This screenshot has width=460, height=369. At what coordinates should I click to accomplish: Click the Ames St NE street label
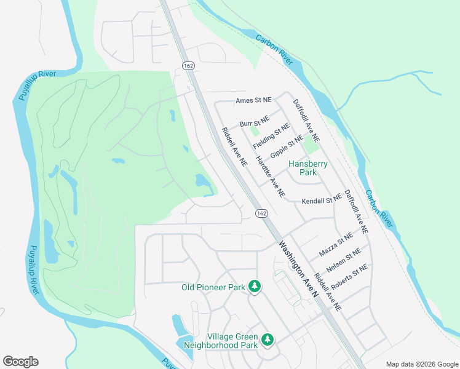click(253, 101)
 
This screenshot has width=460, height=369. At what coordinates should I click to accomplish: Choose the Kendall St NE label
click(322, 200)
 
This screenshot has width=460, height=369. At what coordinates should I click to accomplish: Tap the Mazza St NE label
click(336, 245)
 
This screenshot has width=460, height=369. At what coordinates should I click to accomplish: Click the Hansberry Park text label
click(308, 168)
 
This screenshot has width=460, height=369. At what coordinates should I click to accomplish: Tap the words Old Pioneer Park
click(213, 287)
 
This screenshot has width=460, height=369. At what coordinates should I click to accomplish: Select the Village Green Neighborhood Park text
click(232, 341)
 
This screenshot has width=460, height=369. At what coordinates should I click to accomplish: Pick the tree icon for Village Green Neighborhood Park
click(268, 339)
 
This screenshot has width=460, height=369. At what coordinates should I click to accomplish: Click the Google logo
click(20, 362)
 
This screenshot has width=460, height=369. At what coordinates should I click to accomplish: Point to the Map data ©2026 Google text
click(422, 363)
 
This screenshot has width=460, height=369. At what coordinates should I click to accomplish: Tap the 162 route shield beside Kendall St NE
click(262, 213)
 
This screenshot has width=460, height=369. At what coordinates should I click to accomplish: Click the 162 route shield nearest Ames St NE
click(188, 65)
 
